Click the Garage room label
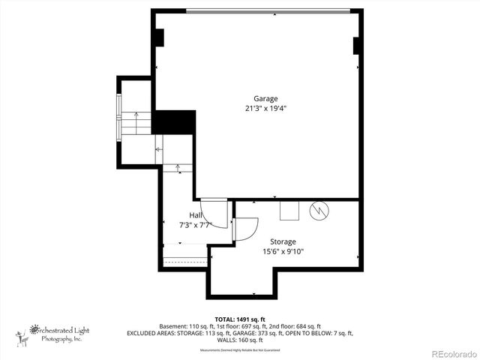tap(265, 98)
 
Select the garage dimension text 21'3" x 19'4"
tap(265, 108)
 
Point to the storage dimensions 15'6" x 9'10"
tap(283, 251)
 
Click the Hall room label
tap(195, 215)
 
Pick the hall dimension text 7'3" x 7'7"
tap(195, 224)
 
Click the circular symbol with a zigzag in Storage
tap(319, 211)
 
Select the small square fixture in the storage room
tap(289, 211)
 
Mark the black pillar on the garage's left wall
tap(159, 38)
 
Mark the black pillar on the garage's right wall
tap(358, 45)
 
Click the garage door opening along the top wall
tap(268, 11)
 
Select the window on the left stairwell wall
tap(118, 115)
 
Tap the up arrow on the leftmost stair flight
tap(136, 116)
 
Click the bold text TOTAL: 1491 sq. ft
tap(239, 319)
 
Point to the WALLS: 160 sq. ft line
tap(239, 340)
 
